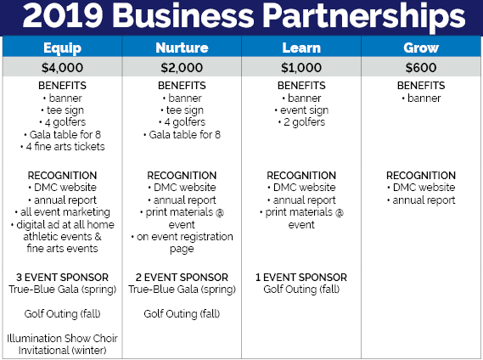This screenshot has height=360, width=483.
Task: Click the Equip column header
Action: [62, 48]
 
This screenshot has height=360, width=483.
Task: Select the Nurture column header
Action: [182, 48]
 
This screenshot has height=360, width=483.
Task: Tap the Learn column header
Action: [301, 48]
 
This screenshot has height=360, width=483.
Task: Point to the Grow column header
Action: [421, 48]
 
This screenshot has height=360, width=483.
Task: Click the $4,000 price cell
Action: [62, 68]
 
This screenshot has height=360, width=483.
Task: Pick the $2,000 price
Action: [182, 68]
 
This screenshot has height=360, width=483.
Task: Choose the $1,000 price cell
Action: [301, 68]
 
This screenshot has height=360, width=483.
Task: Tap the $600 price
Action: [421, 68]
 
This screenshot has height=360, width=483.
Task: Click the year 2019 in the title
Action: [63, 16]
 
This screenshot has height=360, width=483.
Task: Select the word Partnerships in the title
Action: [364, 17]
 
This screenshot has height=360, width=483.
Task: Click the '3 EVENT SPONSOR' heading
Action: [62, 278]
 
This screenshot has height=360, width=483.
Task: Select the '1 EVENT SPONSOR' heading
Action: [301, 278]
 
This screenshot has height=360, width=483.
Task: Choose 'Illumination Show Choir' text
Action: [62, 339]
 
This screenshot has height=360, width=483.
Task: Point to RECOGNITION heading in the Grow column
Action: [421, 176]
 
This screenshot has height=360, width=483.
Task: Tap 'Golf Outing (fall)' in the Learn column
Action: [301, 290]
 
